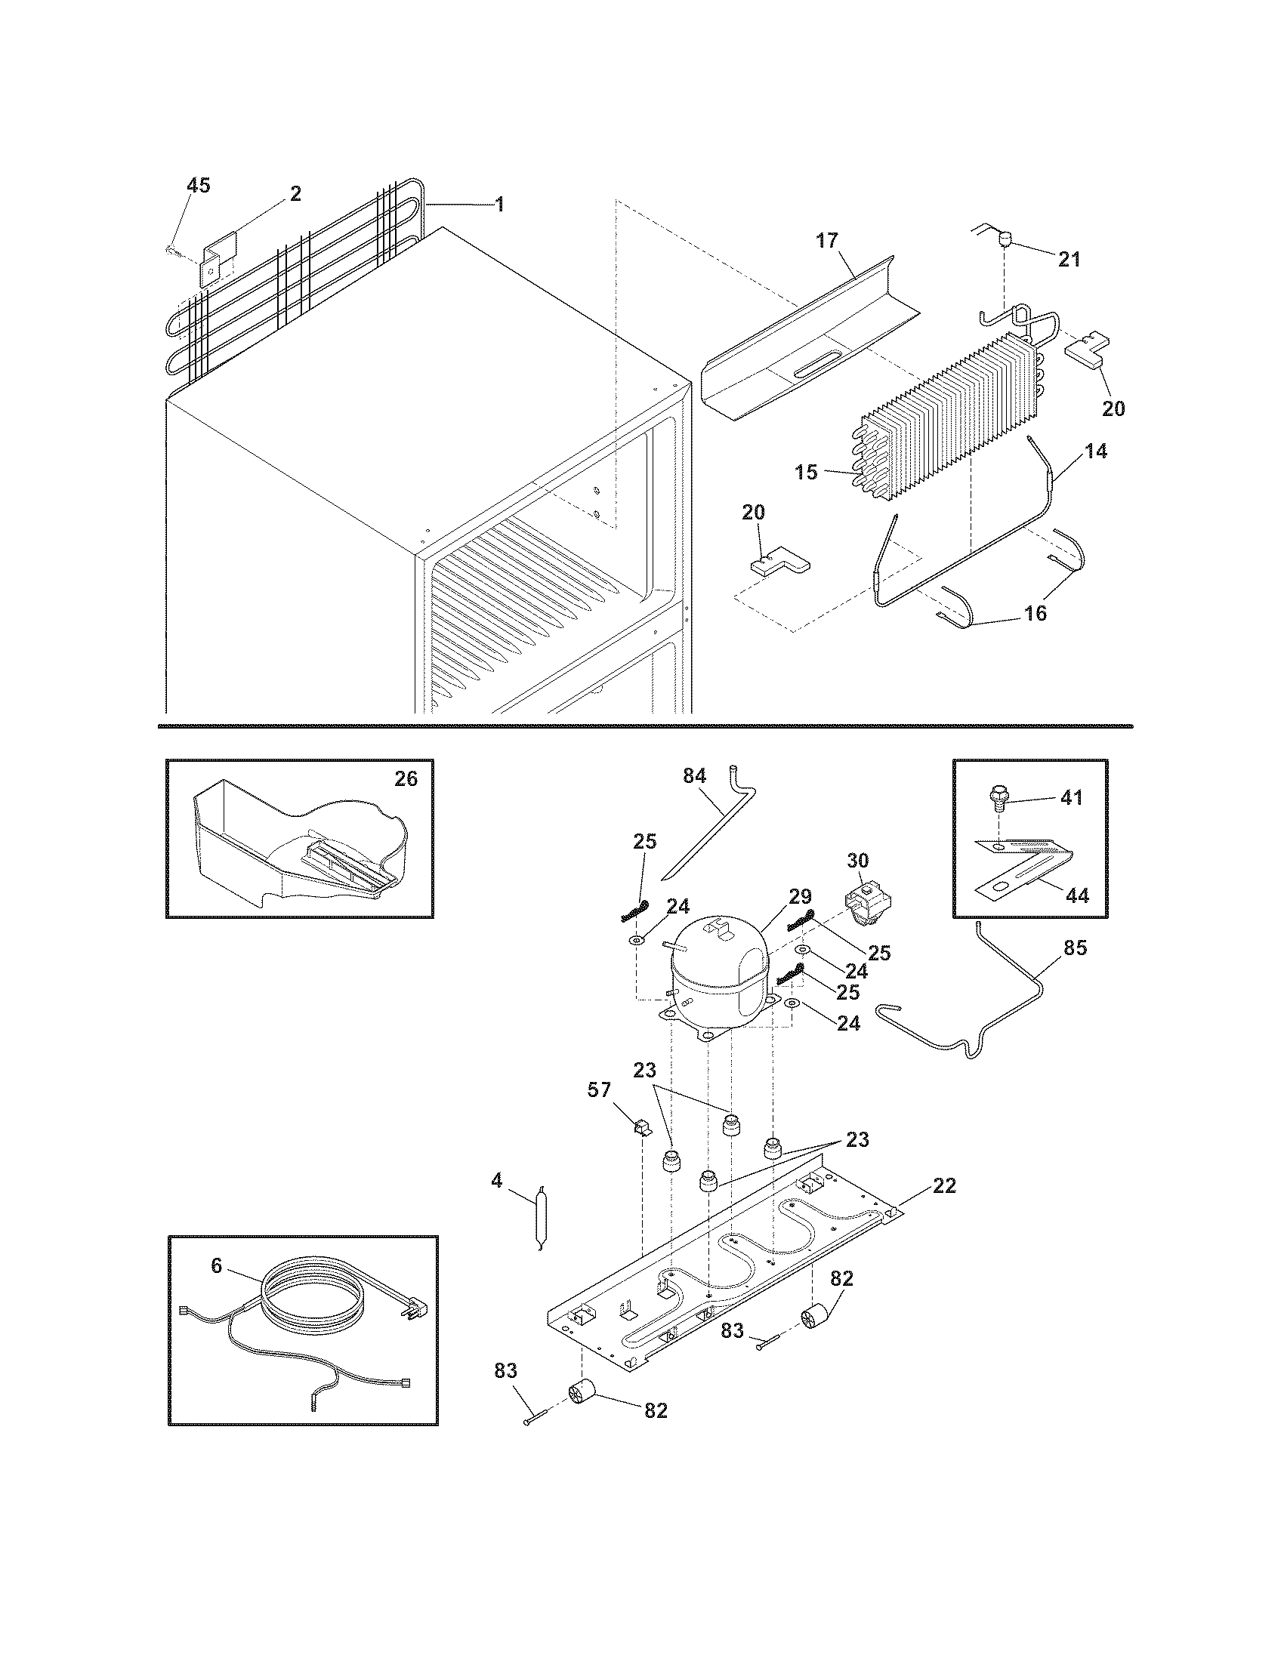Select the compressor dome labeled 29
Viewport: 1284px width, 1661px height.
pos(718,973)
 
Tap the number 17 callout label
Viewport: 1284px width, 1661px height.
pos(827,241)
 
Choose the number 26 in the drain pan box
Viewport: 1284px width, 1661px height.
pos(406,779)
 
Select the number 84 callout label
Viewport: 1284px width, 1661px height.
pos(694,775)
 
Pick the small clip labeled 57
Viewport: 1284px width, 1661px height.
pos(640,1126)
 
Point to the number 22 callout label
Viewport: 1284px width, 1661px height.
pos(944,1185)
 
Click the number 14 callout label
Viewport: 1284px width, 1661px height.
pos(1095,451)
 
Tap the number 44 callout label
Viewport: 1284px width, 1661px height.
pos(1076,896)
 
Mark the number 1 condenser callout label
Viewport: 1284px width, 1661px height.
pos(499,204)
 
